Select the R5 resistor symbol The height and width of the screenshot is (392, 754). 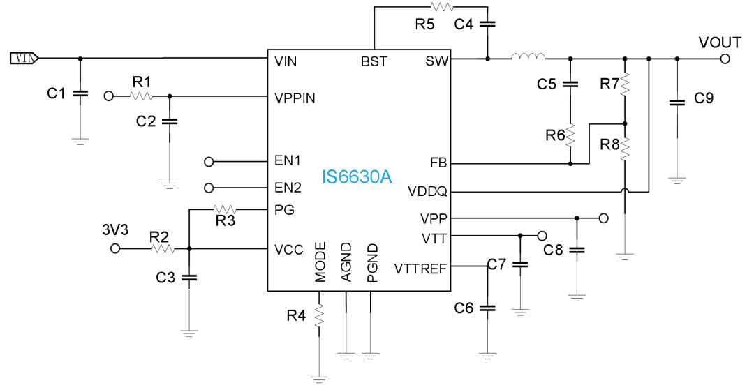(442, 8)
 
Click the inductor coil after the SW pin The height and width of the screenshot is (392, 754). (528, 58)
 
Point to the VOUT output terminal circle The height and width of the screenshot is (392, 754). (725, 59)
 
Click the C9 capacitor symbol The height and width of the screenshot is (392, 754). (677, 103)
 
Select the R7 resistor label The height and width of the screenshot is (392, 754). (609, 84)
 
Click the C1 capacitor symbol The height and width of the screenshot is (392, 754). (80, 92)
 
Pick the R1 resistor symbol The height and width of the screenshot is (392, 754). (141, 96)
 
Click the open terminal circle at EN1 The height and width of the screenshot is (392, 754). (209, 162)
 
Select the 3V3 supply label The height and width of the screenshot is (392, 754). (115, 229)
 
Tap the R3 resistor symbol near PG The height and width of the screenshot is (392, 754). (225, 209)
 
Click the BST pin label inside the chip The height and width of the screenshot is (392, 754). (374, 62)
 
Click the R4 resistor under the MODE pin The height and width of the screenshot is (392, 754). (320, 315)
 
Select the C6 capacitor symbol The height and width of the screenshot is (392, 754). (488, 308)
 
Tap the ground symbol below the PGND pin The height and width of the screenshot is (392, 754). (371, 354)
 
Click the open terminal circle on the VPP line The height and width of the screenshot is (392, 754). (604, 218)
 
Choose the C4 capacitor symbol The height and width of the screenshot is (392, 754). (487, 24)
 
